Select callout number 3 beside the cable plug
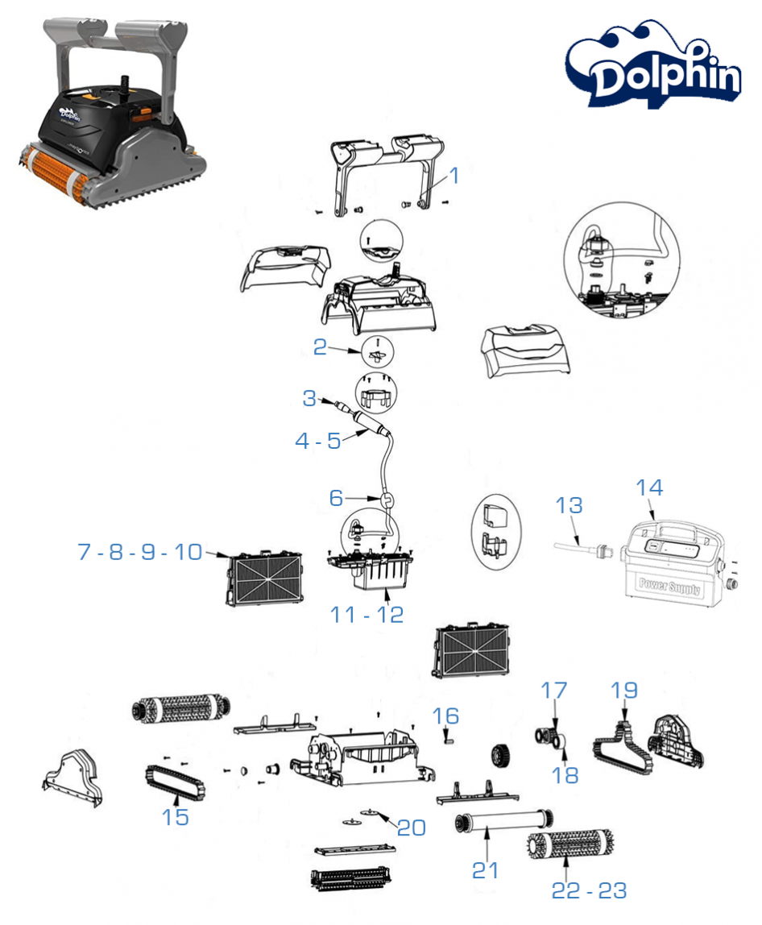310,398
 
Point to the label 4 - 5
318,441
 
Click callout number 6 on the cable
337,498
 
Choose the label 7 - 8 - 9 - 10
140,552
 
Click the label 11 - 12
367,614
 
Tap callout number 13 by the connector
569,506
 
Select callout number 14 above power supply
649,487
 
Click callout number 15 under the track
176,816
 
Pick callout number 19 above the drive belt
624,691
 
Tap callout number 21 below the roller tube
486,869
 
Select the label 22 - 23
589,890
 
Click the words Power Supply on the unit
669,585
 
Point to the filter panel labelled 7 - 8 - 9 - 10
267,578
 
